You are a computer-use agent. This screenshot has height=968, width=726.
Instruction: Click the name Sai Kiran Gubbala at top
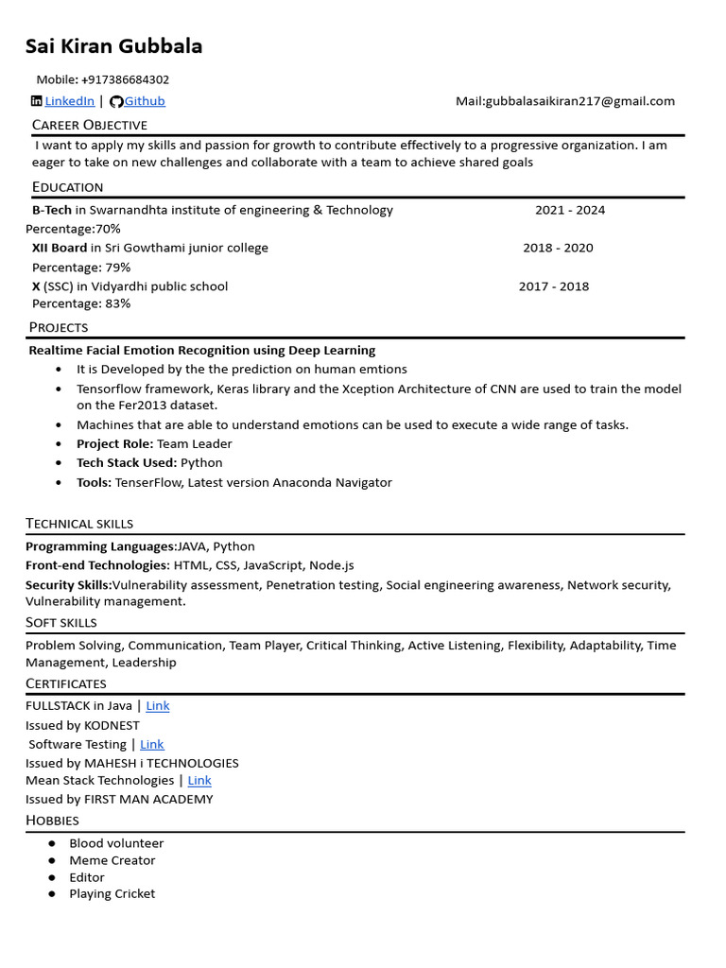pyautogui.click(x=113, y=46)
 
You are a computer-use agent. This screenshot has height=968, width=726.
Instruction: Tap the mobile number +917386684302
pyautogui.click(x=125, y=79)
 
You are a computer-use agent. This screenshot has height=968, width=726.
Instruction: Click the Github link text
pyautogui.click(x=145, y=101)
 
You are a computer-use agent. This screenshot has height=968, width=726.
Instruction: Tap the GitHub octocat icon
pyautogui.click(x=116, y=101)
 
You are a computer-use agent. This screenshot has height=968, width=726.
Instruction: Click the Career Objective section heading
pyautogui.click(x=90, y=125)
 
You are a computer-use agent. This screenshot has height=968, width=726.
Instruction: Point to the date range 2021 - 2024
pyautogui.click(x=570, y=210)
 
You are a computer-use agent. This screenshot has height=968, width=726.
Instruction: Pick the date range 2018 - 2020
pyautogui.click(x=558, y=248)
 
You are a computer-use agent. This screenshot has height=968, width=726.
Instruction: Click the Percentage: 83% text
pyautogui.click(x=81, y=303)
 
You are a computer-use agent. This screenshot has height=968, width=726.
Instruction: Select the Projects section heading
pyautogui.click(x=59, y=327)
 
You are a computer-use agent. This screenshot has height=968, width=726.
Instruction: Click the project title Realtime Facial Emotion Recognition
pyautogui.click(x=202, y=350)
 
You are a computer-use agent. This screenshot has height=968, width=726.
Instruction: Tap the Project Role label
pyautogui.click(x=114, y=443)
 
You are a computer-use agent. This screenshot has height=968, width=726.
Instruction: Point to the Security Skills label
pyautogui.click(x=68, y=585)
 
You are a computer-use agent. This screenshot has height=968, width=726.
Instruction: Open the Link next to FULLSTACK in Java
pyautogui.click(x=157, y=705)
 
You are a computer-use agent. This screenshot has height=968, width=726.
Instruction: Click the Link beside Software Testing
pyautogui.click(x=151, y=744)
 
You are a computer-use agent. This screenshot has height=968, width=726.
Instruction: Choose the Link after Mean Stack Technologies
pyautogui.click(x=199, y=780)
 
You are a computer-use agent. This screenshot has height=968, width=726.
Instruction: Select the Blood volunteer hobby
pyautogui.click(x=116, y=843)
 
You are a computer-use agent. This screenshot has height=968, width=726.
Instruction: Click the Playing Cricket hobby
pyautogui.click(x=112, y=893)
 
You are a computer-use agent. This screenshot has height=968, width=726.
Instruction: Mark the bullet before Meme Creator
pyautogui.click(x=52, y=860)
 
